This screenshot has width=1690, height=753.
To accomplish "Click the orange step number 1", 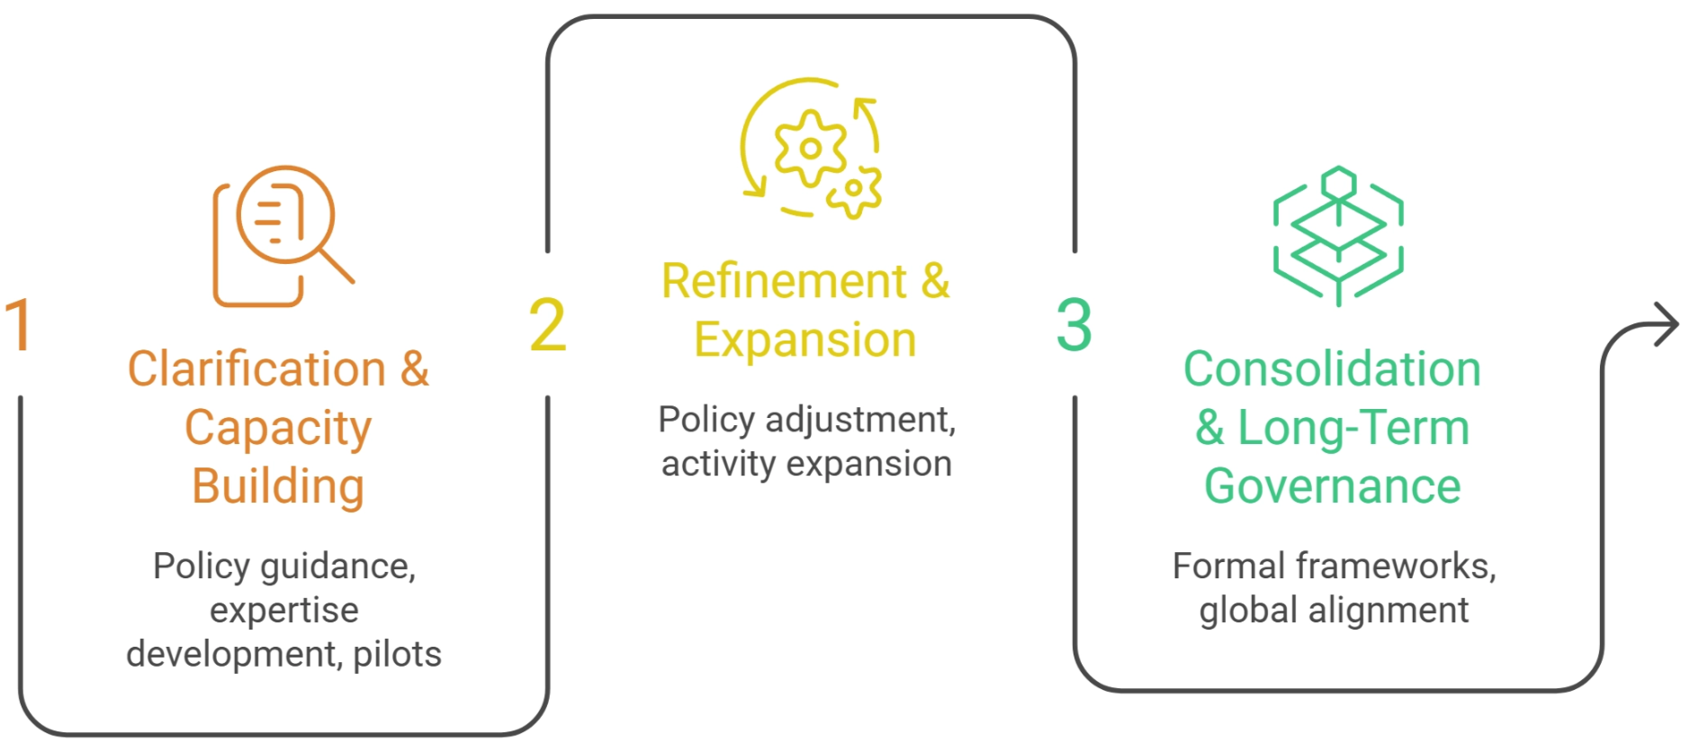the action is pyautogui.click(x=19, y=324).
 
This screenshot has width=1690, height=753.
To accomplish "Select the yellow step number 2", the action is pyautogui.click(x=547, y=324).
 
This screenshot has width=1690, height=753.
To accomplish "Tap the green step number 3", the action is pyautogui.click(x=1074, y=324).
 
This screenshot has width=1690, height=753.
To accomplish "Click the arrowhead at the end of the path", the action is pyautogui.click(x=1666, y=324).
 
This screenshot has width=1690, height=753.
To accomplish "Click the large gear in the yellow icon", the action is pyautogui.click(x=810, y=149).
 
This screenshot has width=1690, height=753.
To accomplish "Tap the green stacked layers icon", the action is pyautogui.click(x=1338, y=236).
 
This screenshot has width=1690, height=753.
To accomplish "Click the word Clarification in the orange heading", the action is pyautogui.click(x=257, y=368).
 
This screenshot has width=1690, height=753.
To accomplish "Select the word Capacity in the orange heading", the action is pyautogui.click(x=278, y=429).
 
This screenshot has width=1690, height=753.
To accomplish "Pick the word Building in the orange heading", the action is pyautogui.click(x=278, y=487).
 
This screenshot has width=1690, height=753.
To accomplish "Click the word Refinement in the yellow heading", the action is pyautogui.click(x=785, y=281).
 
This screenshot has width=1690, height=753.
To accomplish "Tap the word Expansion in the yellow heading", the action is pyautogui.click(x=805, y=341).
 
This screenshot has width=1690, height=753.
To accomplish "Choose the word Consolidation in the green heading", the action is pyautogui.click(x=1332, y=368).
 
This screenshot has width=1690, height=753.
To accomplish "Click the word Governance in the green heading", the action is pyautogui.click(x=1332, y=486).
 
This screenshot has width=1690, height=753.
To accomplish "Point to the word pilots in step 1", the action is pyautogui.click(x=398, y=655).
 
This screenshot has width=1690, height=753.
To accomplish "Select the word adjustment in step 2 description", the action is pyautogui.click(x=861, y=421).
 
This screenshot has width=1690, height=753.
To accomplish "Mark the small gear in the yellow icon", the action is pyautogui.click(x=854, y=190).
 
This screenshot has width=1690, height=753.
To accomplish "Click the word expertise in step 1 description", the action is pyautogui.click(x=284, y=612).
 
